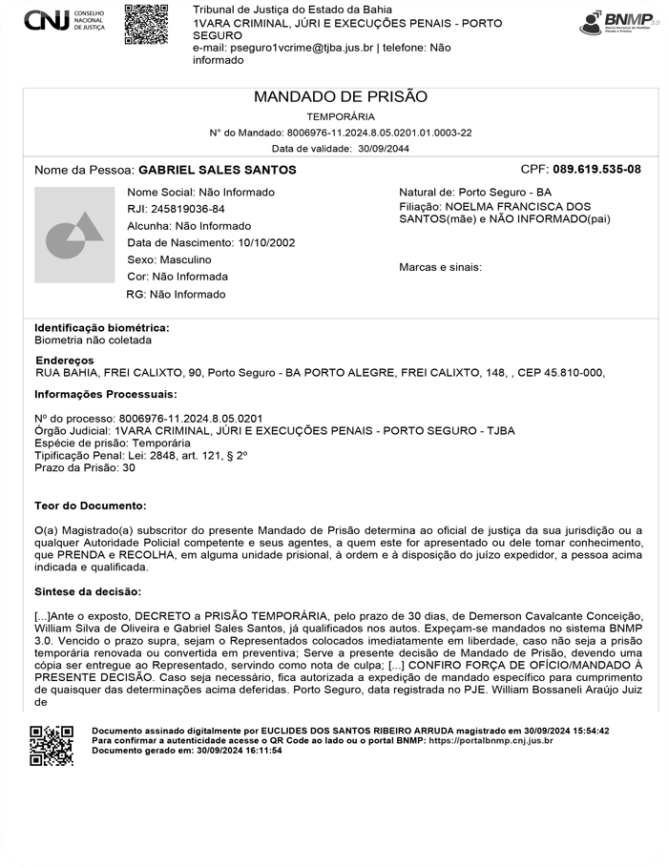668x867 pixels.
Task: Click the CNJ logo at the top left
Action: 64,21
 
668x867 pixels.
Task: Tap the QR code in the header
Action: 146,24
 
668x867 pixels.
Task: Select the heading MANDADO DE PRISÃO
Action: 341,96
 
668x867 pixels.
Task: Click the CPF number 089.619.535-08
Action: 596,169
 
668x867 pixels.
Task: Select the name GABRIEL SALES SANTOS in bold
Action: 218,170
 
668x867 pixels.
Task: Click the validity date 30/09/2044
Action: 383,149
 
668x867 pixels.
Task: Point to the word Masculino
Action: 185,259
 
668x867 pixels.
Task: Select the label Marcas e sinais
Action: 440,267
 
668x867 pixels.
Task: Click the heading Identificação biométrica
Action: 102,327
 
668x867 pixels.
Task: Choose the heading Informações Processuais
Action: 106,394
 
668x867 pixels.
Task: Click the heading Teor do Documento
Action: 91,505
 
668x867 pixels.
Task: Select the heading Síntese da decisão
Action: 88,591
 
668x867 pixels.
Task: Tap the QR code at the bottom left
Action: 52,746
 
